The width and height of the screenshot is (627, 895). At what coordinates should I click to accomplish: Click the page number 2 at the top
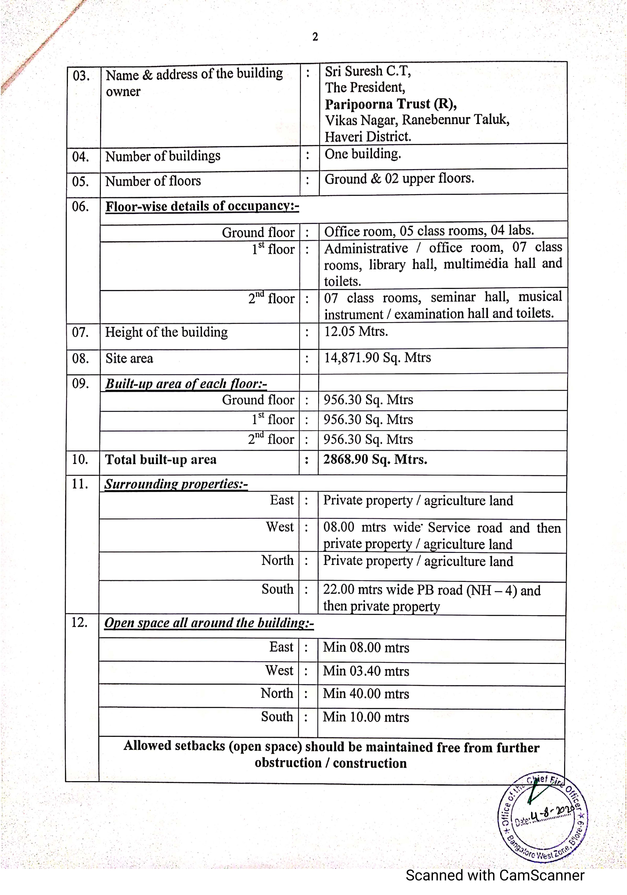click(x=315, y=37)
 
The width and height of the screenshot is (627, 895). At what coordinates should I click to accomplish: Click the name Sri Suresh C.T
click(x=368, y=71)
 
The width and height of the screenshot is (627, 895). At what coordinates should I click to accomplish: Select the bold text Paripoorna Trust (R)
click(x=390, y=104)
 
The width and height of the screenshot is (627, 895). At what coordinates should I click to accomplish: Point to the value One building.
click(x=363, y=154)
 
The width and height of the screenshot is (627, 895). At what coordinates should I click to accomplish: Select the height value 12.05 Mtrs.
click(x=356, y=331)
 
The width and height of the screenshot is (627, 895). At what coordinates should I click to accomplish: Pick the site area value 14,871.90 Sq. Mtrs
click(x=377, y=357)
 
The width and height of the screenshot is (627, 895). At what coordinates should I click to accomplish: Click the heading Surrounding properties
click(x=176, y=484)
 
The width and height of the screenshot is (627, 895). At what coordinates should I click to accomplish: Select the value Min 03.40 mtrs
click(x=366, y=671)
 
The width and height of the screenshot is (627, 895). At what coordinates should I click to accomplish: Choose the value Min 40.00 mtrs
click(x=366, y=694)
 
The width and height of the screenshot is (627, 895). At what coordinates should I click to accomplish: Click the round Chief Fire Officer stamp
click(x=543, y=817)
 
